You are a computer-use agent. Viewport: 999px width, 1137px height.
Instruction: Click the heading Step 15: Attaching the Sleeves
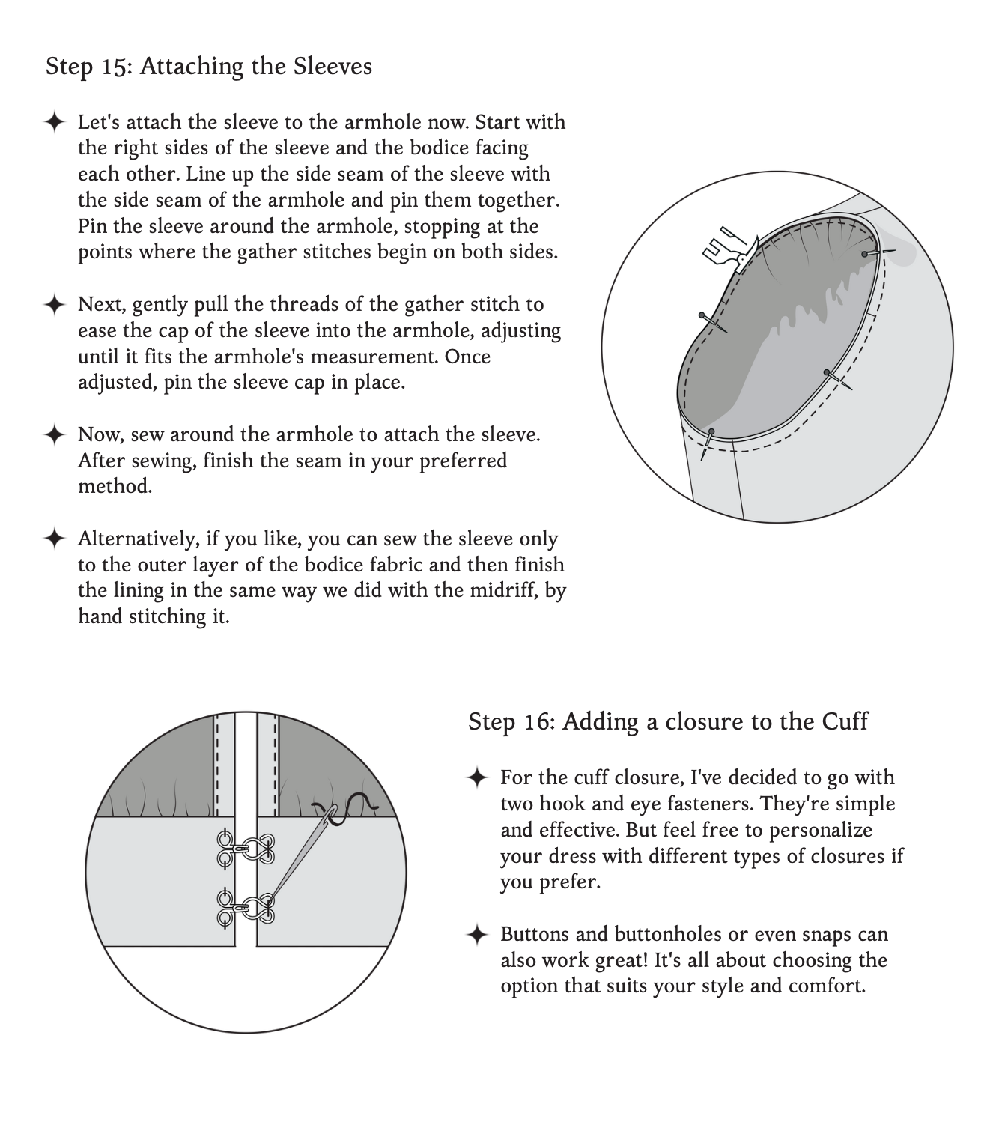(x=208, y=66)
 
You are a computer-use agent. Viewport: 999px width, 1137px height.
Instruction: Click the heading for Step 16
(x=667, y=721)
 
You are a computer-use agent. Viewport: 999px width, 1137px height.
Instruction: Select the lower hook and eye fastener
(x=245, y=907)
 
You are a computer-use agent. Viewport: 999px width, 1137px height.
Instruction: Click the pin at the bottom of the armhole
(x=708, y=443)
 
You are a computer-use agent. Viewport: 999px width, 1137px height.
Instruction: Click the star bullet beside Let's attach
(x=54, y=122)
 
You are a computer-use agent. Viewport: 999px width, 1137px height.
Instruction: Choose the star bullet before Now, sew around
(x=54, y=434)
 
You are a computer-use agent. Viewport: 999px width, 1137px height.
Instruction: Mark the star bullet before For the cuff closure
(x=476, y=777)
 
